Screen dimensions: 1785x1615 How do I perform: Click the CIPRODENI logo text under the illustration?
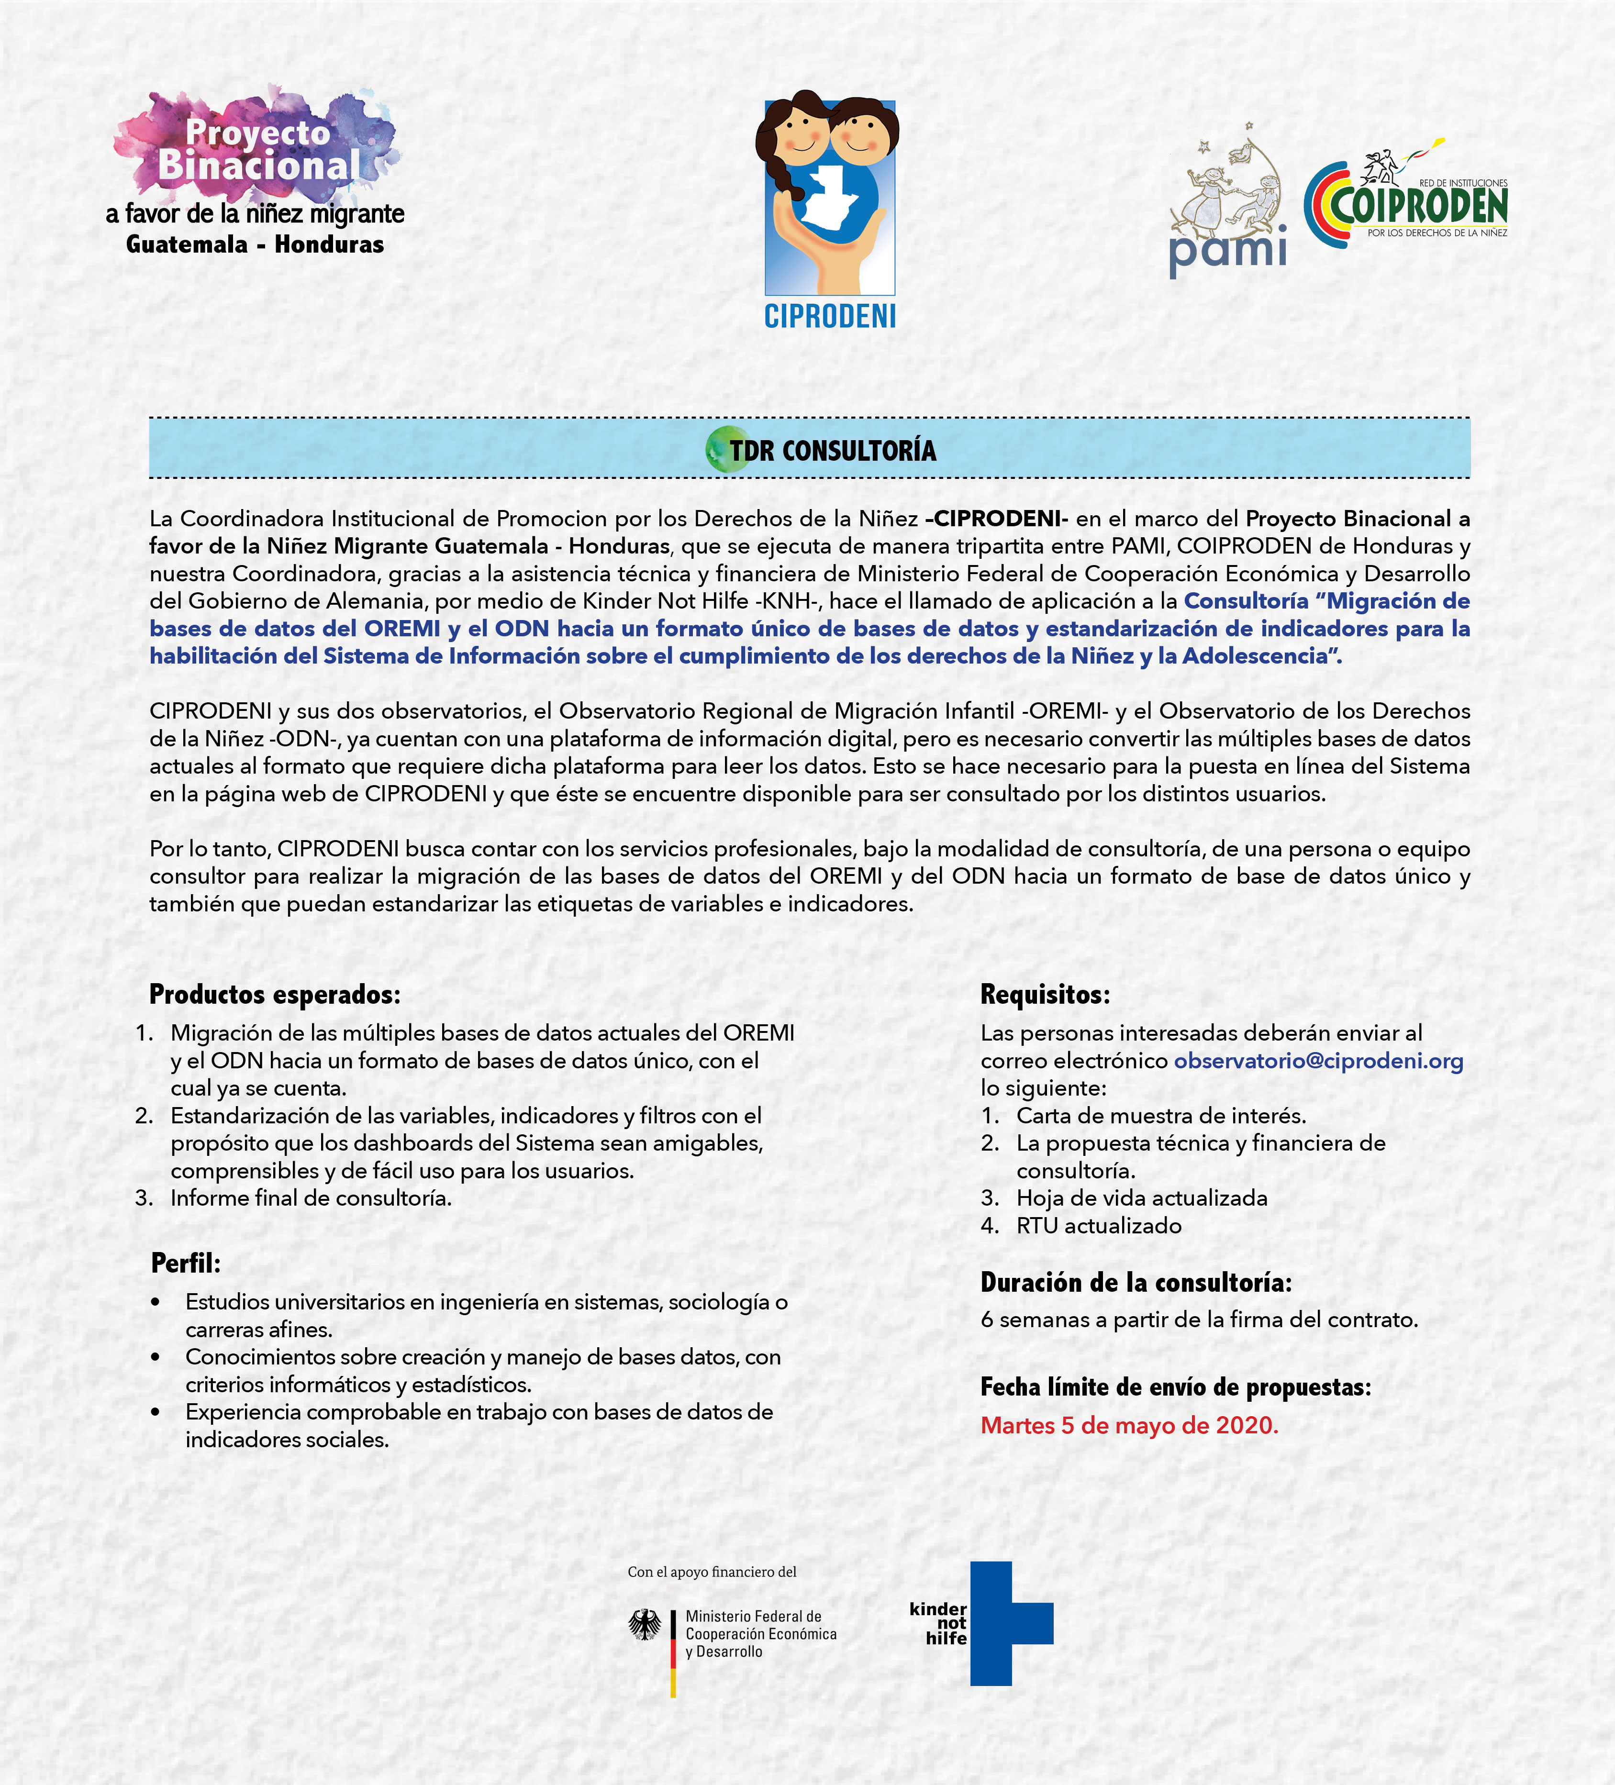tap(830, 316)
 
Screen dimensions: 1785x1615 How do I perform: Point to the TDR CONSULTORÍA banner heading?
tap(832, 451)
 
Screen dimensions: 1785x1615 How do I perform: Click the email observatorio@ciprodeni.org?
tap(1318, 1061)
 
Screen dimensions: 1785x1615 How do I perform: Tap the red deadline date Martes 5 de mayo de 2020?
tap(1129, 1426)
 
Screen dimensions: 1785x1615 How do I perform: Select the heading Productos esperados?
tap(275, 994)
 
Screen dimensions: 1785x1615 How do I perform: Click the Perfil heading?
tap(186, 1263)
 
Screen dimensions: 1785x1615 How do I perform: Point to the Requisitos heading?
tap(1045, 994)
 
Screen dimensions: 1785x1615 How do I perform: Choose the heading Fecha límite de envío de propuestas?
tap(1175, 1386)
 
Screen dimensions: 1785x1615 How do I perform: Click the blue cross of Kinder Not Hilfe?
tap(1009, 1623)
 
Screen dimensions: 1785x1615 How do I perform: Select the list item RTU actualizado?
tap(1098, 1225)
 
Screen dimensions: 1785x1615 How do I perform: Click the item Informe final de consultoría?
tap(311, 1198)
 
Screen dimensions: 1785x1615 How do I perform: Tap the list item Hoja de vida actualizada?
tap(1141, 1198)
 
